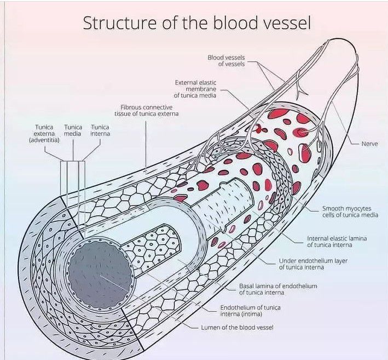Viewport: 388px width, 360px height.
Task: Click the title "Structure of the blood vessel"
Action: click(196, 24)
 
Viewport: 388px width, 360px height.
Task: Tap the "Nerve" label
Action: click(369, 144)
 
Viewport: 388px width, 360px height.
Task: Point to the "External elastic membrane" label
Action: click(195, 89)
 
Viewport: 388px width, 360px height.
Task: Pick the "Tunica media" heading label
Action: click(73, 130)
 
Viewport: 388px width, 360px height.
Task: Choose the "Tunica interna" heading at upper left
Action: click(100, 130)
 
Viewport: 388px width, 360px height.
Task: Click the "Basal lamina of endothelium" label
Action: click(278, 289)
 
